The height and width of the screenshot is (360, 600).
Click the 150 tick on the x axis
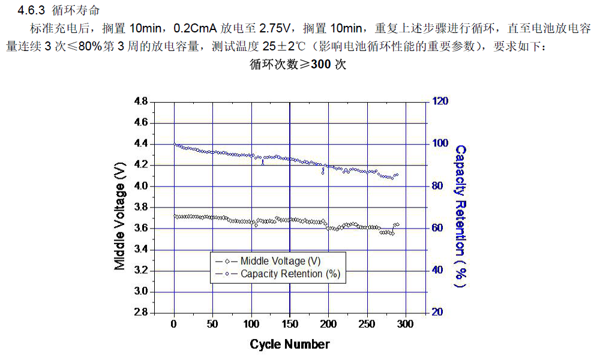290,325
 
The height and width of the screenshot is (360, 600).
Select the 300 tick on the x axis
406,325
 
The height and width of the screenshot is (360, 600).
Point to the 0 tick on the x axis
174,325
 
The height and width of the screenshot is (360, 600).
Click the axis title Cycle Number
290,344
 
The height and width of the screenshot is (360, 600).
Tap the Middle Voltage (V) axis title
120,208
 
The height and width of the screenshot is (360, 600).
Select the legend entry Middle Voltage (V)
280,261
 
